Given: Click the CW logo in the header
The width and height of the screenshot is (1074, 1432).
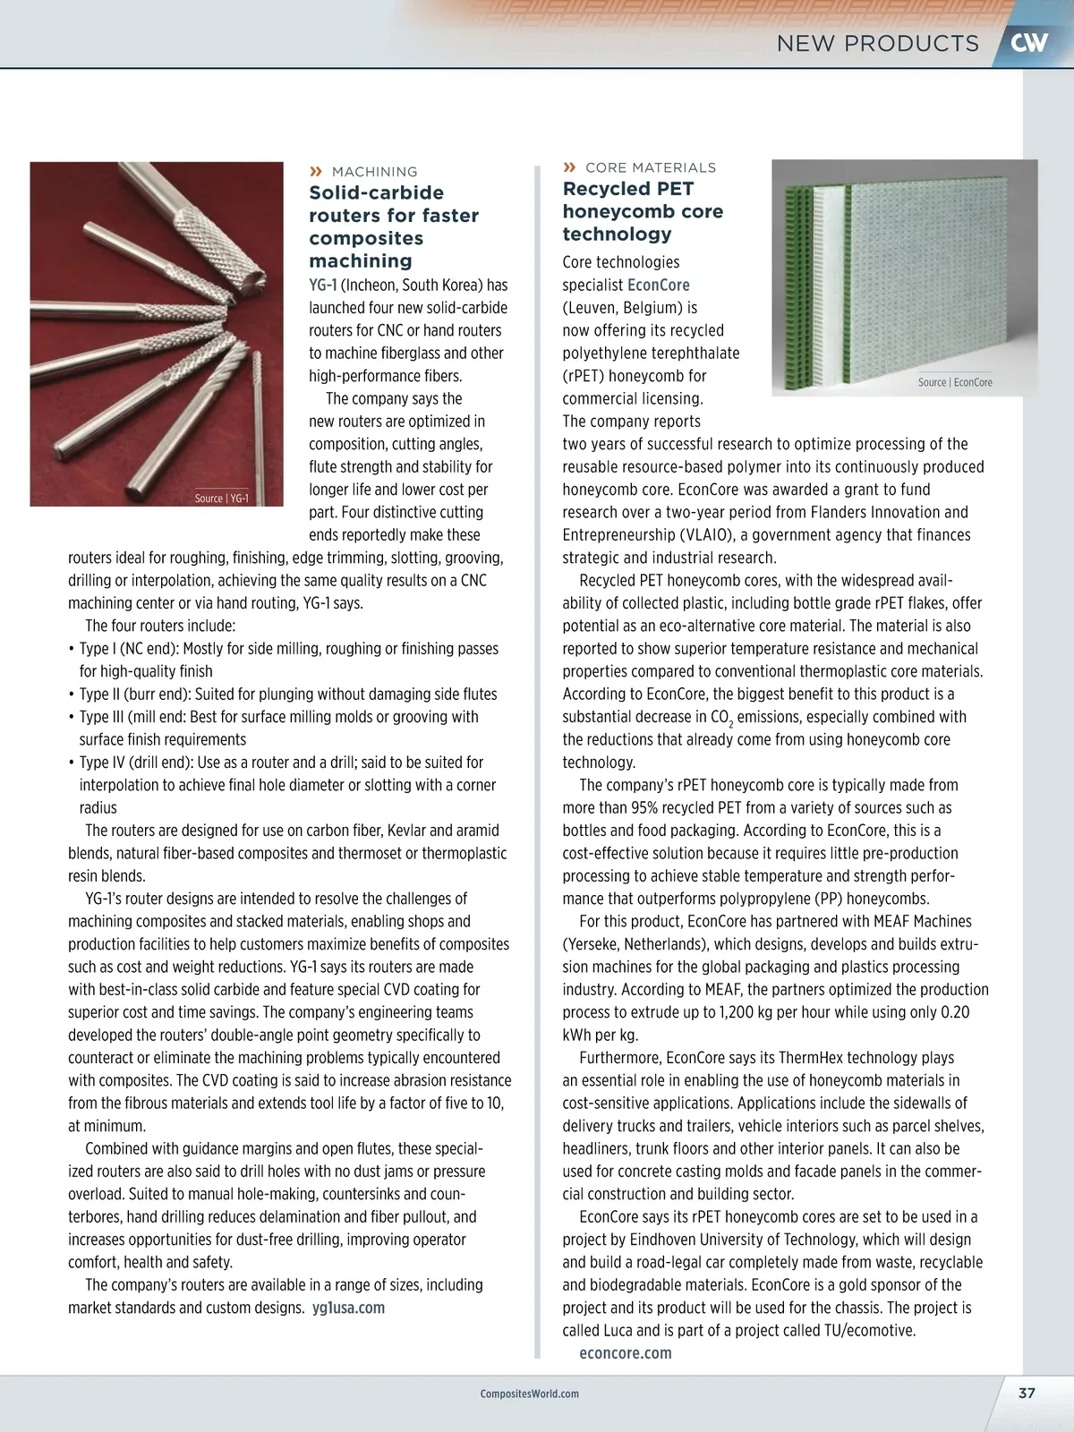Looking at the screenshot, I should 1029,43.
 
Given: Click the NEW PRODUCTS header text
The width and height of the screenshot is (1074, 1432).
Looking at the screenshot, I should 877,43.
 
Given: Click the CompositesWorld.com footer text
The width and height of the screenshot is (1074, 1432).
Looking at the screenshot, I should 529,1394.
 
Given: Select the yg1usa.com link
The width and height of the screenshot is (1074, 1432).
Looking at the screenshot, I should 348,1308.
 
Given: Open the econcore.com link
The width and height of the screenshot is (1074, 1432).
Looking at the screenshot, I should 625,1353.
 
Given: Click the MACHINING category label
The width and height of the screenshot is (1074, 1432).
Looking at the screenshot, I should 374,172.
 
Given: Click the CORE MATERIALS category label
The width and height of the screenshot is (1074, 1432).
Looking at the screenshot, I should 650,167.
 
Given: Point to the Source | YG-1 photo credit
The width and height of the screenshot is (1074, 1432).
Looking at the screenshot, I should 222,499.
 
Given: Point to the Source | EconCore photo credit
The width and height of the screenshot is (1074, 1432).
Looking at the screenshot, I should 955,382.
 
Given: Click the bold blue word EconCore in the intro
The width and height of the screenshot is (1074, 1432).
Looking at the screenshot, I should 659,286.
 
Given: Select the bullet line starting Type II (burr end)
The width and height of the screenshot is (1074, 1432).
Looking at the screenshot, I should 286,695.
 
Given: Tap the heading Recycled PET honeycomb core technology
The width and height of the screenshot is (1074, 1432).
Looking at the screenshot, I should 643,211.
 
